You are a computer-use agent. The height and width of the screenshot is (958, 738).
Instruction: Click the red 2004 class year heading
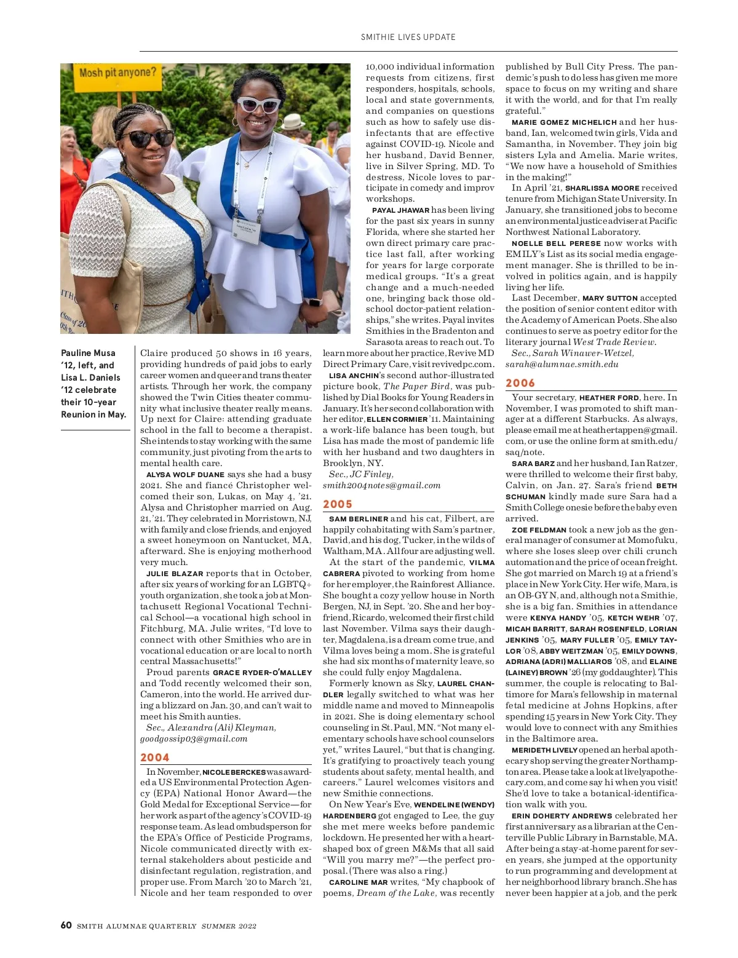154,758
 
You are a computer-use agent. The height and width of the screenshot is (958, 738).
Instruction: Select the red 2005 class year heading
338,504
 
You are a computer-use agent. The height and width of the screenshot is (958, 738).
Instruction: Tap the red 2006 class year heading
520,383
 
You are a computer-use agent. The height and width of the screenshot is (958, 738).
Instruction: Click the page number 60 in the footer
66,925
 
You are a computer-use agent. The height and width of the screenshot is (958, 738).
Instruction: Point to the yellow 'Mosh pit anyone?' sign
117,73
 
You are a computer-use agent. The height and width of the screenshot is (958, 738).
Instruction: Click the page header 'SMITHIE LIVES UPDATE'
408,37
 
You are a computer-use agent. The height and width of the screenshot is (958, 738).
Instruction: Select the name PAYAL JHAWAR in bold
400,210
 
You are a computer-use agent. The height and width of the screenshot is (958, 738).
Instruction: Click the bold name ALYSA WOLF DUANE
185,475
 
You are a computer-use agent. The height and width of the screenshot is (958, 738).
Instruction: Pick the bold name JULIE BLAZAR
175,574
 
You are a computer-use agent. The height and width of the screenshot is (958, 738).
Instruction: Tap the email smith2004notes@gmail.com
381,485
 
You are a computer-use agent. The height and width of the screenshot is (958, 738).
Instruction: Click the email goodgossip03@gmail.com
194,738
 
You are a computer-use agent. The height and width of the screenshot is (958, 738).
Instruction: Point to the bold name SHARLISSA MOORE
602,188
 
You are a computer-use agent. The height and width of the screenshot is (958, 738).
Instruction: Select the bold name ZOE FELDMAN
539,529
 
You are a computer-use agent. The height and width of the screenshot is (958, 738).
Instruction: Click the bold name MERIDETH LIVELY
544,750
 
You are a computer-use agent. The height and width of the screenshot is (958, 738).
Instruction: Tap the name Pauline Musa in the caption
88,353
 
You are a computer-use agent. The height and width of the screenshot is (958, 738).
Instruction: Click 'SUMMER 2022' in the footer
229,926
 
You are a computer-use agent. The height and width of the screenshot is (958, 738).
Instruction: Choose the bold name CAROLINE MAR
358,882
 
